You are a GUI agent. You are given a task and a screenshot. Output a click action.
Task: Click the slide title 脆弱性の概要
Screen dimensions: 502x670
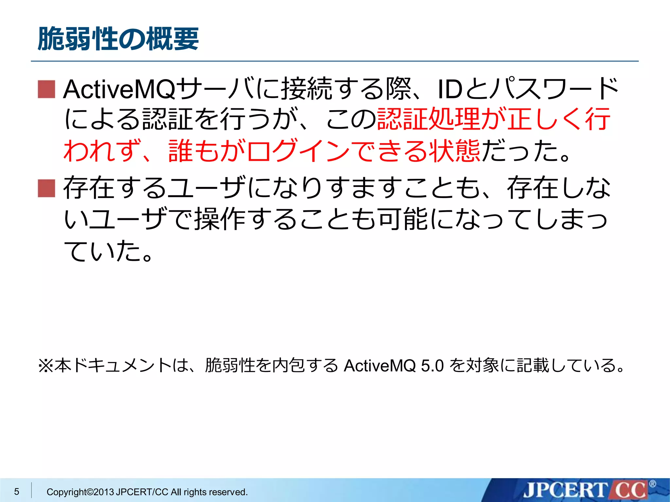click(x=118, y=39)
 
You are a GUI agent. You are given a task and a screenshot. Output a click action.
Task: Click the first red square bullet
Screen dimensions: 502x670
click(x=46, y=89)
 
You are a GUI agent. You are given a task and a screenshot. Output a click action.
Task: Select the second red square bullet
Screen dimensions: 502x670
click(x=46, y=188)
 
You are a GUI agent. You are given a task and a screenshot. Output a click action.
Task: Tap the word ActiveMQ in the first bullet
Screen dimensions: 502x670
click(x=119, y=89)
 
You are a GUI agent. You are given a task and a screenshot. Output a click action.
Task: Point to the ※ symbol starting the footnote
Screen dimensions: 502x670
click(x=45, y=365)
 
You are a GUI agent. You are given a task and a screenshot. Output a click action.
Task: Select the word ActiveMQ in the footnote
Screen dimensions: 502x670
click(x=379, y=365)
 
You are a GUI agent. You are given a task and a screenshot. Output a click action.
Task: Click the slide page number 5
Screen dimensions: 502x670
click(x=17, y=491)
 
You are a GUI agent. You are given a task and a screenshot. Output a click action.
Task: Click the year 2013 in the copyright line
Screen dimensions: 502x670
click(x=104, y=492)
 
